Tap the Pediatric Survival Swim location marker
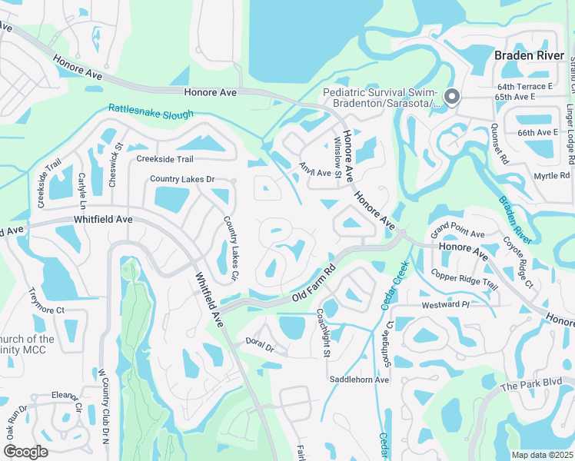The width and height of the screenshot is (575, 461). [452, 97]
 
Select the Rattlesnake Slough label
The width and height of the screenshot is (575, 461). [151, 112]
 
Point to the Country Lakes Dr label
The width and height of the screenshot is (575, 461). [181, 179]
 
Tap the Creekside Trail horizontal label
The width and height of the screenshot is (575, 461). [165, 159]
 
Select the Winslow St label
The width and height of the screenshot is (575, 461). [337, 157]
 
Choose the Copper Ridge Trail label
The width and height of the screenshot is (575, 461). [464, 280]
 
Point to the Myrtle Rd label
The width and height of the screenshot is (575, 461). [552, 176]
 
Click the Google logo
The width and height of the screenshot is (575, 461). [25, 451]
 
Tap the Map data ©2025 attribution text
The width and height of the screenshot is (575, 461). [541, 455]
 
